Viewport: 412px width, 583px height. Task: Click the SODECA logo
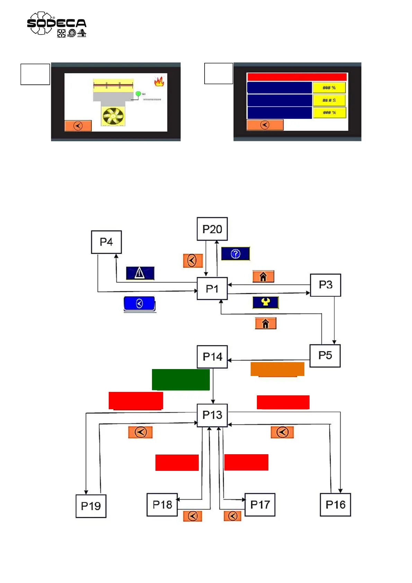(x=56, y=24)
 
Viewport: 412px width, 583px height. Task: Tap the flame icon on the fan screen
(x=159, y=81)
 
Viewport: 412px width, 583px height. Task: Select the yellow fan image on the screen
(x=113, y=116)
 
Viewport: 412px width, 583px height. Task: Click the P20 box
(x=212, y=229)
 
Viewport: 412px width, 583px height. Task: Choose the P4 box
(x=106, y=242)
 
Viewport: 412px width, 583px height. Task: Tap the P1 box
(x=212, y=288)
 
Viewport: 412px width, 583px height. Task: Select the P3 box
(x=325, y=285)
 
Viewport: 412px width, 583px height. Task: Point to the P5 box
(x=325, y=356)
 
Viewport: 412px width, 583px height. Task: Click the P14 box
(x=212, y=357)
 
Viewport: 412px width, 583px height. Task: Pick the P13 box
(x=212, y=415)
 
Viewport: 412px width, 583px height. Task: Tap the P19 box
(x=91, y=506)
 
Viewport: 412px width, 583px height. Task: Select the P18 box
(x=162, y=505)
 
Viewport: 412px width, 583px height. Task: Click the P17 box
(x=260, y=505)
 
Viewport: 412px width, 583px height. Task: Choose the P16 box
(x=335, y=505)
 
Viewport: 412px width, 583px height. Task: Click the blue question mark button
(x=235, y=254)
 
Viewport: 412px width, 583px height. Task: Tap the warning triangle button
(x=140, y=273)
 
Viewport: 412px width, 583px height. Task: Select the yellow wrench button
(x=265, y=302)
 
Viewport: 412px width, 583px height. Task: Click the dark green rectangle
(x=181, y=379)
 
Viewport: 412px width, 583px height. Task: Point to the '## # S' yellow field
(x=329, y=100)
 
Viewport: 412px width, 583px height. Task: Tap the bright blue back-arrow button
(x=140, y=304)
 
